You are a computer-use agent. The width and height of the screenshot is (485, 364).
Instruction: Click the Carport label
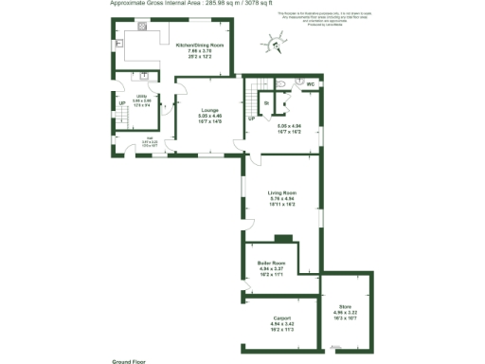pos(281,318)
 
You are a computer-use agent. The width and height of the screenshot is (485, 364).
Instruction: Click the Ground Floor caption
pos(128,361)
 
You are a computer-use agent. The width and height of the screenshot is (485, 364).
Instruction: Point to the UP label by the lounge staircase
pos(251,118)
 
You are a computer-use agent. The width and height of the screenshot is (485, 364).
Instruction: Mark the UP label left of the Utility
pos(122,103)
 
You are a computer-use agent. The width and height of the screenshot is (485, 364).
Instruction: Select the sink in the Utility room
pos(144,76)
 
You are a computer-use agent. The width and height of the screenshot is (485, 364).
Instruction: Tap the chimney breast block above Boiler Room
pos(281,239)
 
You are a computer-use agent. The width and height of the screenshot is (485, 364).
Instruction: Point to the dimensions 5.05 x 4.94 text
pos(289,126)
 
